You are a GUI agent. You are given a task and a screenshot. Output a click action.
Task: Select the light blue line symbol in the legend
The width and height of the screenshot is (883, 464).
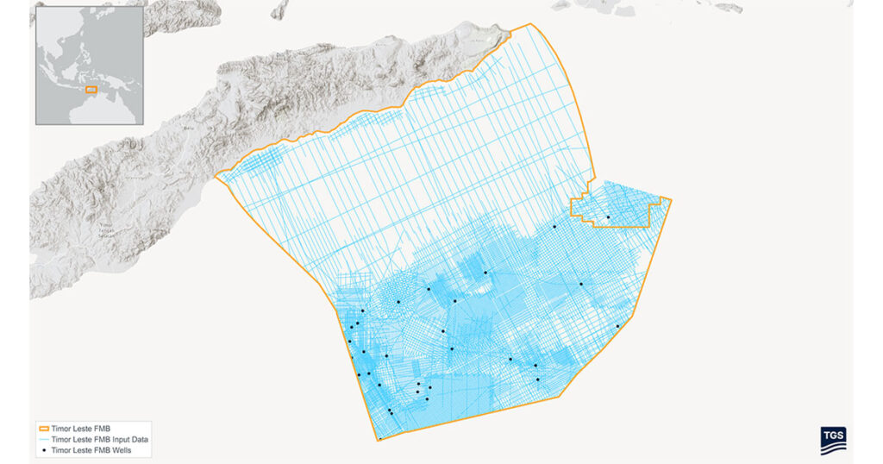pos(44,439)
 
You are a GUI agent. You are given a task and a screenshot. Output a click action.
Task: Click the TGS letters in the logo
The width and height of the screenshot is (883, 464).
pos(833,435)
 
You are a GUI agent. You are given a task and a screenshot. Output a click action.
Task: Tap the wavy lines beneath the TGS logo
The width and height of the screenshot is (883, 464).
pos(833,446)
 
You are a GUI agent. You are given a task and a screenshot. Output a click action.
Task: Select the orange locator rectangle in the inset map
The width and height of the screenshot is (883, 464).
pos(90,89)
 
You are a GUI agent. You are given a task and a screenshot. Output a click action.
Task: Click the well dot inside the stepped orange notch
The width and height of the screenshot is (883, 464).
pos(608,217)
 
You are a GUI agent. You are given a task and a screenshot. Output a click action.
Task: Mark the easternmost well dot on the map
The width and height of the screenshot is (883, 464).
pos(617,326)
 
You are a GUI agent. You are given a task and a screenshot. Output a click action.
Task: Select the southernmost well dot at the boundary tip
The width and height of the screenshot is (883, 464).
pos(379,439)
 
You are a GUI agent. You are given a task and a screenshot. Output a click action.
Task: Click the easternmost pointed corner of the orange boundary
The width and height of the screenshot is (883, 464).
pos(672,200)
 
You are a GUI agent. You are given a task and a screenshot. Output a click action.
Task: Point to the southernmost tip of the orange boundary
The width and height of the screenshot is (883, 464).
pos(379,440)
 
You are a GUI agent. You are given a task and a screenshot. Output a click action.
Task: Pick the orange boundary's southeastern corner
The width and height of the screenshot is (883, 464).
pos(561,397)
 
